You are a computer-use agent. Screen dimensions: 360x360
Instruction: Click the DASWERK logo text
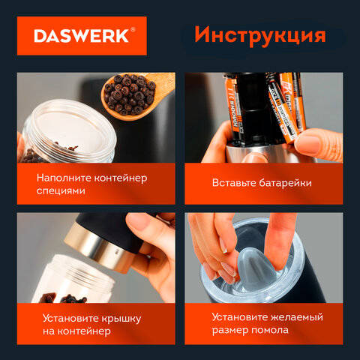pyautogui.click(x=81, y=36)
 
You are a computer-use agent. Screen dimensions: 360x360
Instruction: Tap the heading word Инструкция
pyautogui.click(x=260, y=35)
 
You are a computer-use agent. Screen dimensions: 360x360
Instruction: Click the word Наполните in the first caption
pyautogui.click(x=64, y=178)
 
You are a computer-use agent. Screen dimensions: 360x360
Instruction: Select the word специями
pyautogui.click(x=61, y=191)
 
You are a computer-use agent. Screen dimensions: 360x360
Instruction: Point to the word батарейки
pyautogui.click(x=285, y=183)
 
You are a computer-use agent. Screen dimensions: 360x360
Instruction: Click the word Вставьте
pyautogui.click(x=234, y=183)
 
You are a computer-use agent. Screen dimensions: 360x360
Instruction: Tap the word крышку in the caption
pyautogui.click(x=121, y=319)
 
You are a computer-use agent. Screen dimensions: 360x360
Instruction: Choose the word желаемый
pyautogui.click(x=297, y=317)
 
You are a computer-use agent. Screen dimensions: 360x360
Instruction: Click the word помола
pyautogui.click(x=269, y=330)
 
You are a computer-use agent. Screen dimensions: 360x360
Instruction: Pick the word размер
pyautogui.click(x=229, y=331)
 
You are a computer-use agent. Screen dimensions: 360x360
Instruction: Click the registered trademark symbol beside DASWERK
pyautogui.click(x=133, y=30)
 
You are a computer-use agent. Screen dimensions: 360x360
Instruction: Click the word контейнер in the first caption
pyautogui.click(x=121, y=178)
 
